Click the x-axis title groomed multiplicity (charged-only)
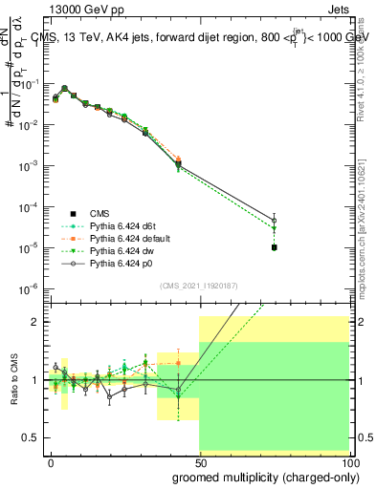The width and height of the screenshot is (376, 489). pos(260,475)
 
